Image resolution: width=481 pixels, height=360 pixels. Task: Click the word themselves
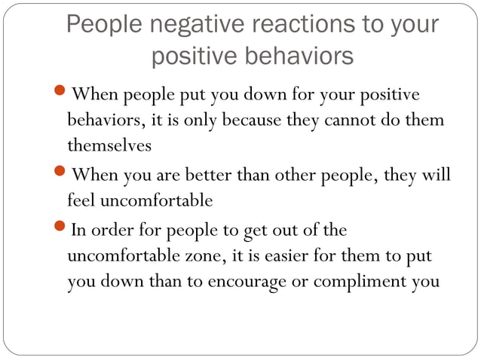[x=110, y=144]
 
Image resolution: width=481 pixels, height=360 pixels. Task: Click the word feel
[x=81, y=200]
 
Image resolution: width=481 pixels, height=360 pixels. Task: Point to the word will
[x=437, y=175]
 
